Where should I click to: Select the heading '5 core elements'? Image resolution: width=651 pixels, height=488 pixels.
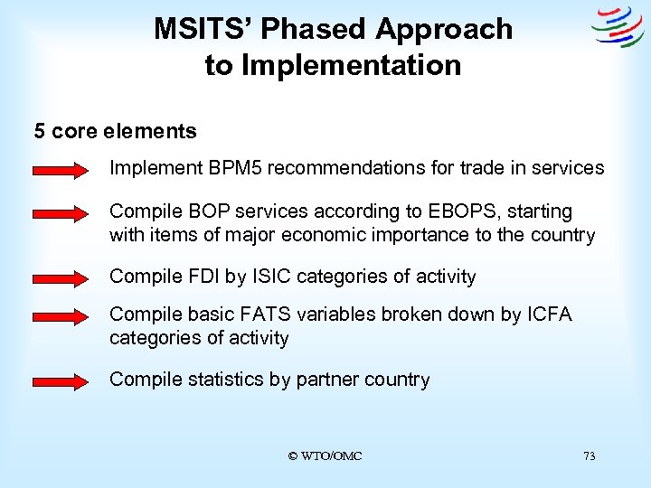click(x=115, y=131)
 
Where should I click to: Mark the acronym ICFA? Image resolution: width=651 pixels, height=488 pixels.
click(x=546, y=314)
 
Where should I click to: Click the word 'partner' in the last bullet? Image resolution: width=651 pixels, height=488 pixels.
click(x=325, y=380)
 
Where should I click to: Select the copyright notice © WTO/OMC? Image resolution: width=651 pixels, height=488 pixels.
click(x=325, y=456)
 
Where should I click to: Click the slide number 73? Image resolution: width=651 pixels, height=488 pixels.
click(x=589, y=456)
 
